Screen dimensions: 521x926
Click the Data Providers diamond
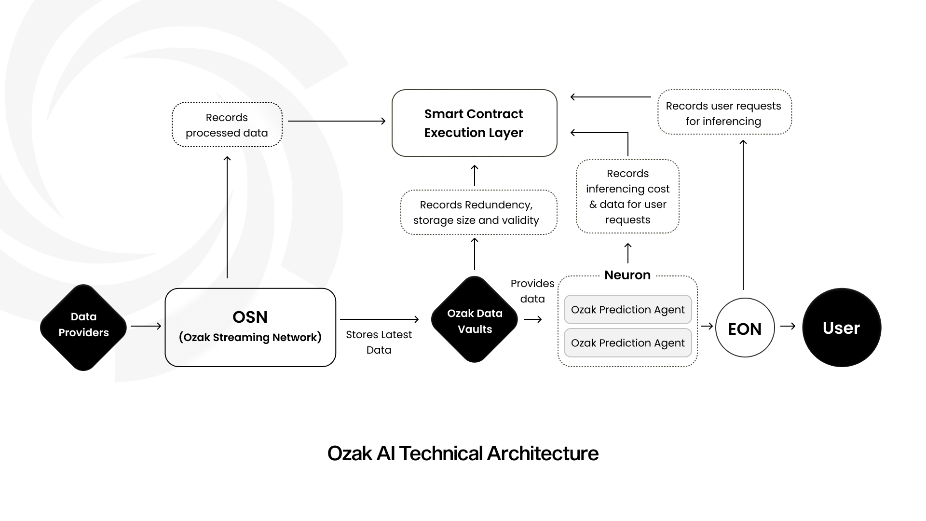coord(83,327)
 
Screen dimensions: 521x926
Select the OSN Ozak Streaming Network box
coord(250,327)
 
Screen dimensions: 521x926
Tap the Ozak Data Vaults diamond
coord(475,319)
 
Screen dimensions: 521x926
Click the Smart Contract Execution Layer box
coord(474,123)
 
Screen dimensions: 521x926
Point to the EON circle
coord(745,328)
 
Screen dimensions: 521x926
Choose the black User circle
coord(841,328)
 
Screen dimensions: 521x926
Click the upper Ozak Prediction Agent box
coord(627,309)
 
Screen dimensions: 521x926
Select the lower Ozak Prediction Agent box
coord(627,343)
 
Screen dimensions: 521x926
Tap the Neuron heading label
coord(627,275)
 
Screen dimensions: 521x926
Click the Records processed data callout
coord(227,124)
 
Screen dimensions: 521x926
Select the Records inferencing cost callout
coord(627,196)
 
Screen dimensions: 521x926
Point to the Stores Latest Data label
coord(379,342)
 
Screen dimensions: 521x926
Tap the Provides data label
coord(532,290)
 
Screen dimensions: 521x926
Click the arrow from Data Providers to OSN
coord(146,326)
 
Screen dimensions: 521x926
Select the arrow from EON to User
coord(788,326)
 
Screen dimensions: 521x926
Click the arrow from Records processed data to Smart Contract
coord(336,121)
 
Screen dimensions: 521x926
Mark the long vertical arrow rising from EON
coord(743,215)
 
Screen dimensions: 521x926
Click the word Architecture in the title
coord(542,453)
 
